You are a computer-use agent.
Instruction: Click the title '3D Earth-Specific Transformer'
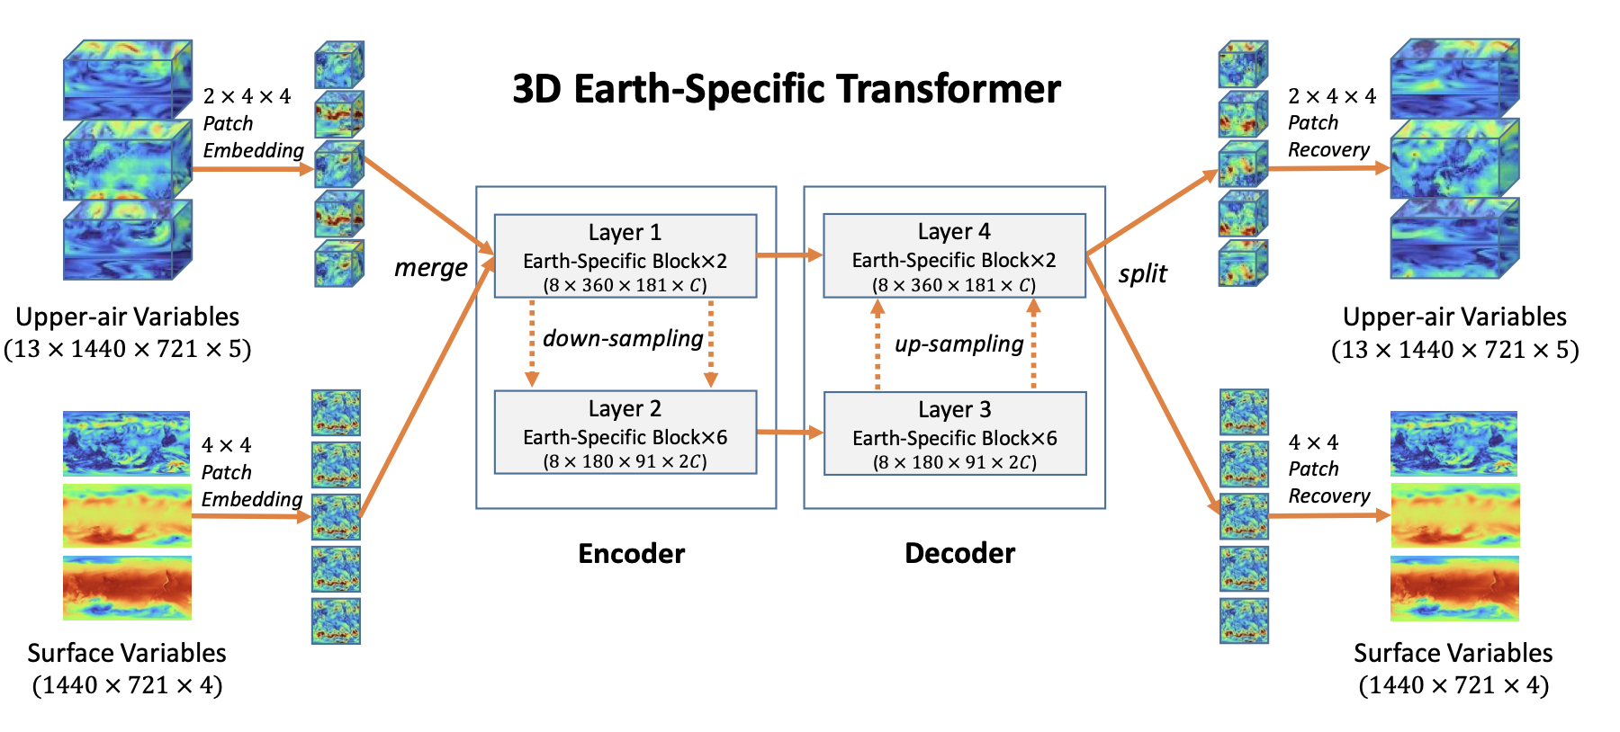[787, 89]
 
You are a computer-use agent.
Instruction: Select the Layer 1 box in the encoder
[625, 256]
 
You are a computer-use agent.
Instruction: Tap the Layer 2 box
[625, 433]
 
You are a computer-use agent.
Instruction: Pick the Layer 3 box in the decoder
[955, 433]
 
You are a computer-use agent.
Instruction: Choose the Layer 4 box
[955, 255]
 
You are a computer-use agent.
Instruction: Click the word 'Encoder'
[632, 553]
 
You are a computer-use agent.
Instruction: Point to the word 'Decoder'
[960, 553]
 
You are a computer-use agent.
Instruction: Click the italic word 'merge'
[431, 268]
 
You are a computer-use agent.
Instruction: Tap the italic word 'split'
[1143, 273]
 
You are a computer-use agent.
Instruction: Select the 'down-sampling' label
[623, 339]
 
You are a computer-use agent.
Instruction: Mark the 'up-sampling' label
[959, 344]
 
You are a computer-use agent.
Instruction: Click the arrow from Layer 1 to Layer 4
[790, 255]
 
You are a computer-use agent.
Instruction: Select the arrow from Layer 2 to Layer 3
[790, 433]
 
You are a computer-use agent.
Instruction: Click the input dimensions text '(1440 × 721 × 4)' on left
[127, 685]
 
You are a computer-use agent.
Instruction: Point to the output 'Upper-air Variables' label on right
[1455, 317]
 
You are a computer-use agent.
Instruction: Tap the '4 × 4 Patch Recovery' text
[1329, 469]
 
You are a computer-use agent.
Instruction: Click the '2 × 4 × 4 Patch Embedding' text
[253, 123]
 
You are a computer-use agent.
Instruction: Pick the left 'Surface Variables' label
[127, 653]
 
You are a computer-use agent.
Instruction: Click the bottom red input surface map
[127, 588]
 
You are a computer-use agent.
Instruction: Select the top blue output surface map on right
[1453, 444]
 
